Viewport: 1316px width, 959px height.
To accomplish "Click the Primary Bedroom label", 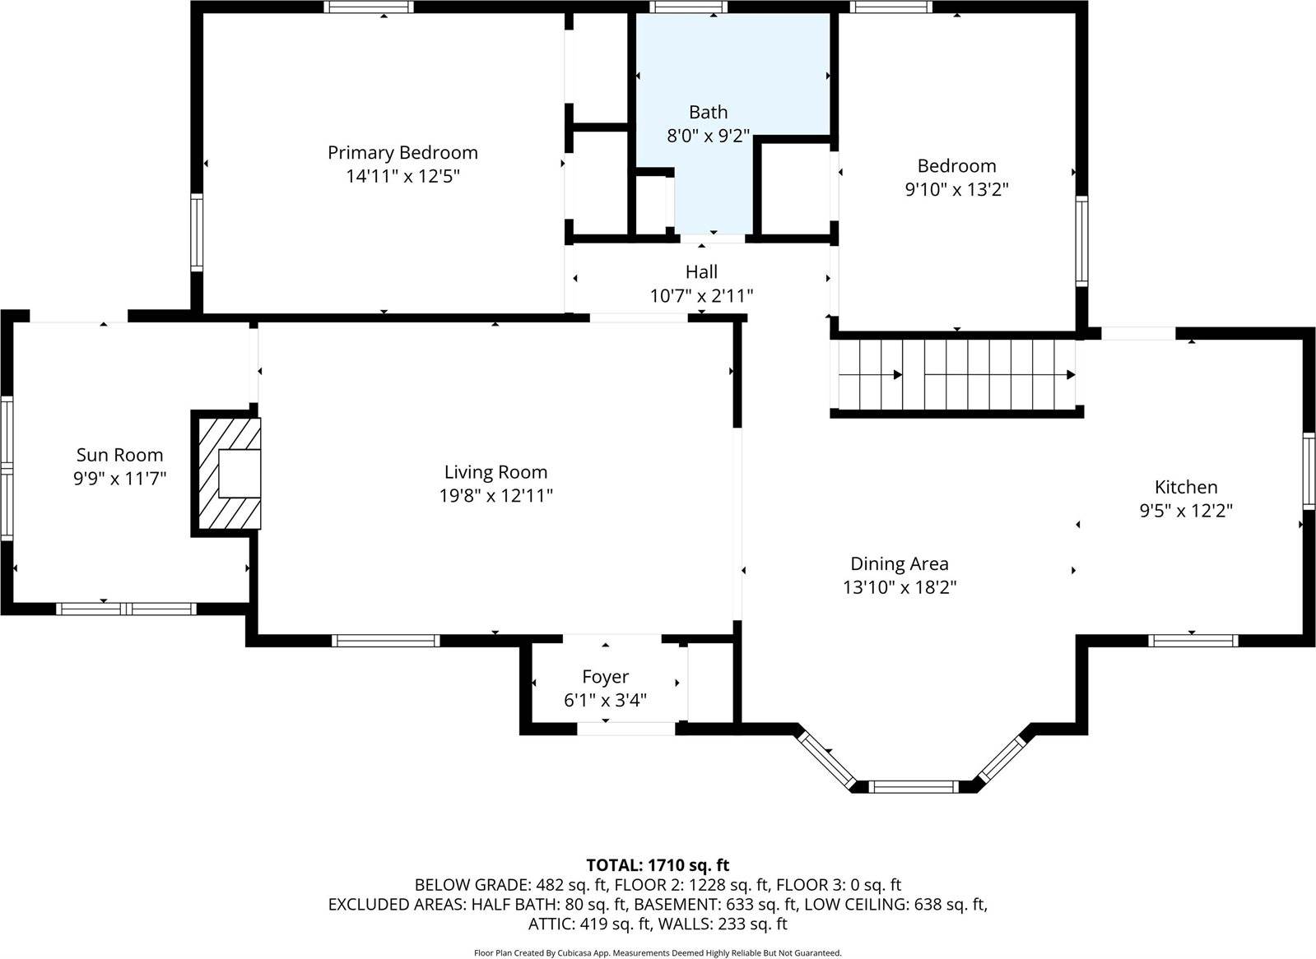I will [402, 152].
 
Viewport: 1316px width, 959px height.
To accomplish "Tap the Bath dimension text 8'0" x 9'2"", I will [708, 136].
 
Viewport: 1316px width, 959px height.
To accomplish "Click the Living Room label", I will [495, 472].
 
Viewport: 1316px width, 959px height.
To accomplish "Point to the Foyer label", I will [605, 677].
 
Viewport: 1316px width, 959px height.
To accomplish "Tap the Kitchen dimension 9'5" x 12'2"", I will [1185, 511].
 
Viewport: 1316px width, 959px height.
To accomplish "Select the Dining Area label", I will [899, 564].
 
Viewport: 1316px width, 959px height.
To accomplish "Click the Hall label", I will [701, 272].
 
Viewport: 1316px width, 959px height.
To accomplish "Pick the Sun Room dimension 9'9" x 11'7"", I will [120, 479].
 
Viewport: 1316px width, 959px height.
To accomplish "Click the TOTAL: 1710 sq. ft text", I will [658, 865].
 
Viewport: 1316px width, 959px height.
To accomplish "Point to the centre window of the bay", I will [914, 787].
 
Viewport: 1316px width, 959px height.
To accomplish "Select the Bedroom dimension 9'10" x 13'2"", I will [956, 190].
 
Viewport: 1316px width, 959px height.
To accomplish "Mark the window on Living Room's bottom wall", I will [385, 640].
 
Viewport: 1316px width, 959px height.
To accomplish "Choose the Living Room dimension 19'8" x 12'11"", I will [495, 496].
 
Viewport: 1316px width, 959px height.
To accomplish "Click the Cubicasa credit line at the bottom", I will [658, 953].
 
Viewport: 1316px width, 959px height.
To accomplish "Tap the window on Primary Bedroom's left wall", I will [197, 233].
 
